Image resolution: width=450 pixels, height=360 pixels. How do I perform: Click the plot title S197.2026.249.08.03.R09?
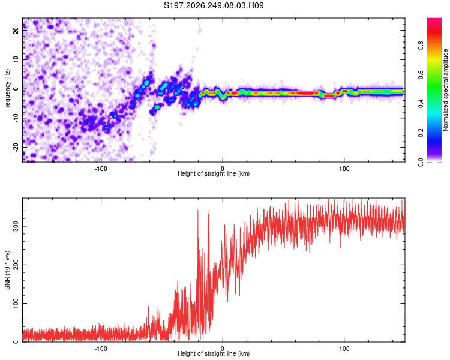coord(214,5)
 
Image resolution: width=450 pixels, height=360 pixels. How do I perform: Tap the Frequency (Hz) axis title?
coord(7,89)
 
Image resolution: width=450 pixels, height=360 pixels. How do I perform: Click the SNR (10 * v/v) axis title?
coord(7,270)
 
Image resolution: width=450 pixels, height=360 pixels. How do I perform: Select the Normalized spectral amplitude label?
coord(445,90)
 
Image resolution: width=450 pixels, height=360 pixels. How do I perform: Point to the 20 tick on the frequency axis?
coord(16,30)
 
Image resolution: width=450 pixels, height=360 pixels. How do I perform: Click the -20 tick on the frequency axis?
coord(16,147)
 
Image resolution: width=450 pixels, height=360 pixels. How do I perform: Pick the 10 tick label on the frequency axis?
coord(16,59)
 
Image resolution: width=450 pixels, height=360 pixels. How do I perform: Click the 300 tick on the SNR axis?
coord(16,226)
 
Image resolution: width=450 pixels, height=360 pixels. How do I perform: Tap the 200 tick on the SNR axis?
coord(16,265)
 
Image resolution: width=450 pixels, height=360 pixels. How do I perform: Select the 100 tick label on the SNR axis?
coord(16,303)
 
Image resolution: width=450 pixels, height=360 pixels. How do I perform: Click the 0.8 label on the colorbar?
coord(421,46)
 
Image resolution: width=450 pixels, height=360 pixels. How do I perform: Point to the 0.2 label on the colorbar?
coord(421,133)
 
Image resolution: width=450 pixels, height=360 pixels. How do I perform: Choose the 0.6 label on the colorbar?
coord(421,74)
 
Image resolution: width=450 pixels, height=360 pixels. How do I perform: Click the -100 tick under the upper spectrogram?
coord(101,169)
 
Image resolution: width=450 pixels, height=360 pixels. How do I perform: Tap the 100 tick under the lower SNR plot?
coord(344,349)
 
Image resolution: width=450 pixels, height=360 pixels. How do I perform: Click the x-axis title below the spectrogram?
coord(214,173)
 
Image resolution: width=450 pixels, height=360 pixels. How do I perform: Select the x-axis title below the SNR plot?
coord(214,353)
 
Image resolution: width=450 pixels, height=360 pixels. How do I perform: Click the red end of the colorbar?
coord(434,20)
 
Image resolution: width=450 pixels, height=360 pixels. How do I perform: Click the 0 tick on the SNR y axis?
coord(16,341)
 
